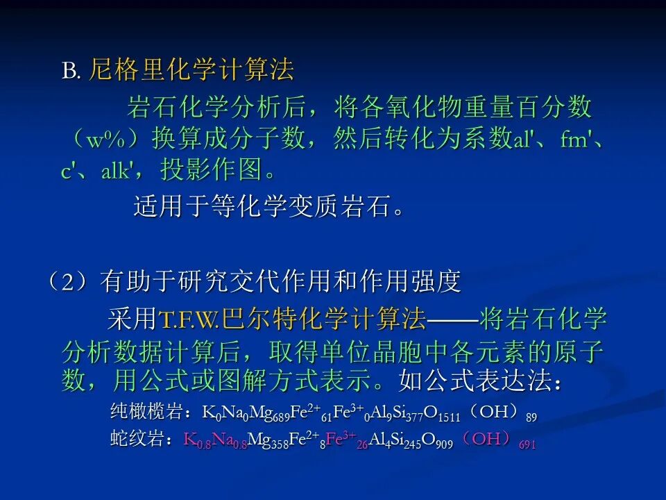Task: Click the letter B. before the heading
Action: pyautogui.click(x=71, y=71)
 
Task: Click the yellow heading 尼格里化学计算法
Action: pyautogui.click(x=191, y=69)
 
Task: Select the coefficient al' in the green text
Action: pyautogui.click(x=522, y=139)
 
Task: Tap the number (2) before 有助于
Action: pyautogui.click(x=69, y=281)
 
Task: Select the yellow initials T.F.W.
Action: pyautogui.click(x=190, y=319)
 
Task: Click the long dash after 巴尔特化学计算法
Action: pyautogui.click(x=452, y=319)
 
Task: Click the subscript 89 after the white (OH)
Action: pyautogui.click(x=531, y=417)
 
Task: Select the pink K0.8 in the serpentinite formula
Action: pyautogui.click(x=197, y=440)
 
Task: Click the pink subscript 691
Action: pyautogui.click(x=527, y=444)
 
